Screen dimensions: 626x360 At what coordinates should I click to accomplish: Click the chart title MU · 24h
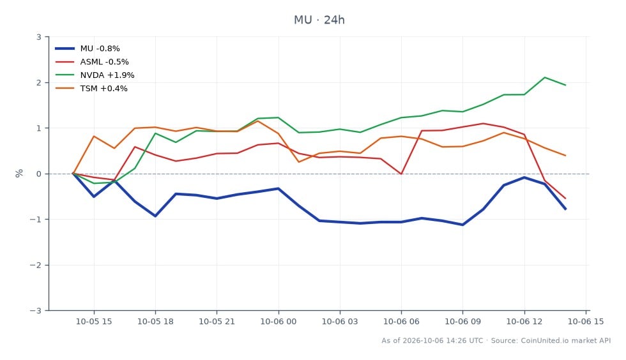pyautogui.click(x=319, y=20)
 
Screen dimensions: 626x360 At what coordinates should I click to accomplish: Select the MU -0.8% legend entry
pyautogui.click(x=88, y=49)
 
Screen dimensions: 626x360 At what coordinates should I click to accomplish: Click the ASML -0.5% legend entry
pyautogui.click(x=92, y=62)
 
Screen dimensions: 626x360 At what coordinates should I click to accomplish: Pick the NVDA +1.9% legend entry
pyautogui.click(x=95, y=75)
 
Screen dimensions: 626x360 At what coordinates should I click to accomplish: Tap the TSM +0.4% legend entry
pyautogui.click(x=91, y=89)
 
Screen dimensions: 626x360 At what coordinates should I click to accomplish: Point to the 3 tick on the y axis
pyautogui.click(x=39, y=37)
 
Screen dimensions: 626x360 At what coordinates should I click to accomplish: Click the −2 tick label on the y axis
pyautogui.click(x=36, y=265)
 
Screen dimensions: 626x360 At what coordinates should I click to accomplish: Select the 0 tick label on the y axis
pyautogui.click(x=39, y=174)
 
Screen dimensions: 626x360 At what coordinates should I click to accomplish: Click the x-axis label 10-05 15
pyautogui.click(x=94, y=322)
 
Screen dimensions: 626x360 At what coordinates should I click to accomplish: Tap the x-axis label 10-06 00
pyautogui.click(x=279, y=322)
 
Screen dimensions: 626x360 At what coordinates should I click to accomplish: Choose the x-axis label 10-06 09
pyautogui.click(x=462, y=322)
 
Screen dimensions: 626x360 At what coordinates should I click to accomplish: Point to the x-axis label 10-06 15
pyautogui.click(x=586, y=322)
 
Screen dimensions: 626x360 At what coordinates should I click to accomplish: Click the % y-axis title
pyautogui.click(x=19, y=174)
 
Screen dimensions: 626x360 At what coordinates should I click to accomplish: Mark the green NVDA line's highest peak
pyautogui.click(x=544, y=77)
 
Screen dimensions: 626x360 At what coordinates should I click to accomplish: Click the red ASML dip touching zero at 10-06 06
pyautogui.click(x=401, y=174)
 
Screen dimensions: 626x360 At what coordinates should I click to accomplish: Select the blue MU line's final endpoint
pyautogui.click(x=565, y=209)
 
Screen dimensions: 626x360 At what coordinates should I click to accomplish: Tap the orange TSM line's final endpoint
pyautogui.click(x=565, y=156)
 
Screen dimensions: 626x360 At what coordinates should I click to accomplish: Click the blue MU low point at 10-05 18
pyautogui.click(x=155, y=216)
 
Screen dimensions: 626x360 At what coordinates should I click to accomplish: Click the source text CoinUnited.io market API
pyautogui.click(x=566, y=340)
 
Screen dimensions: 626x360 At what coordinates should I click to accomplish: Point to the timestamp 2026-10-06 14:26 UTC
pyautogui.click(x=443, y=340)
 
